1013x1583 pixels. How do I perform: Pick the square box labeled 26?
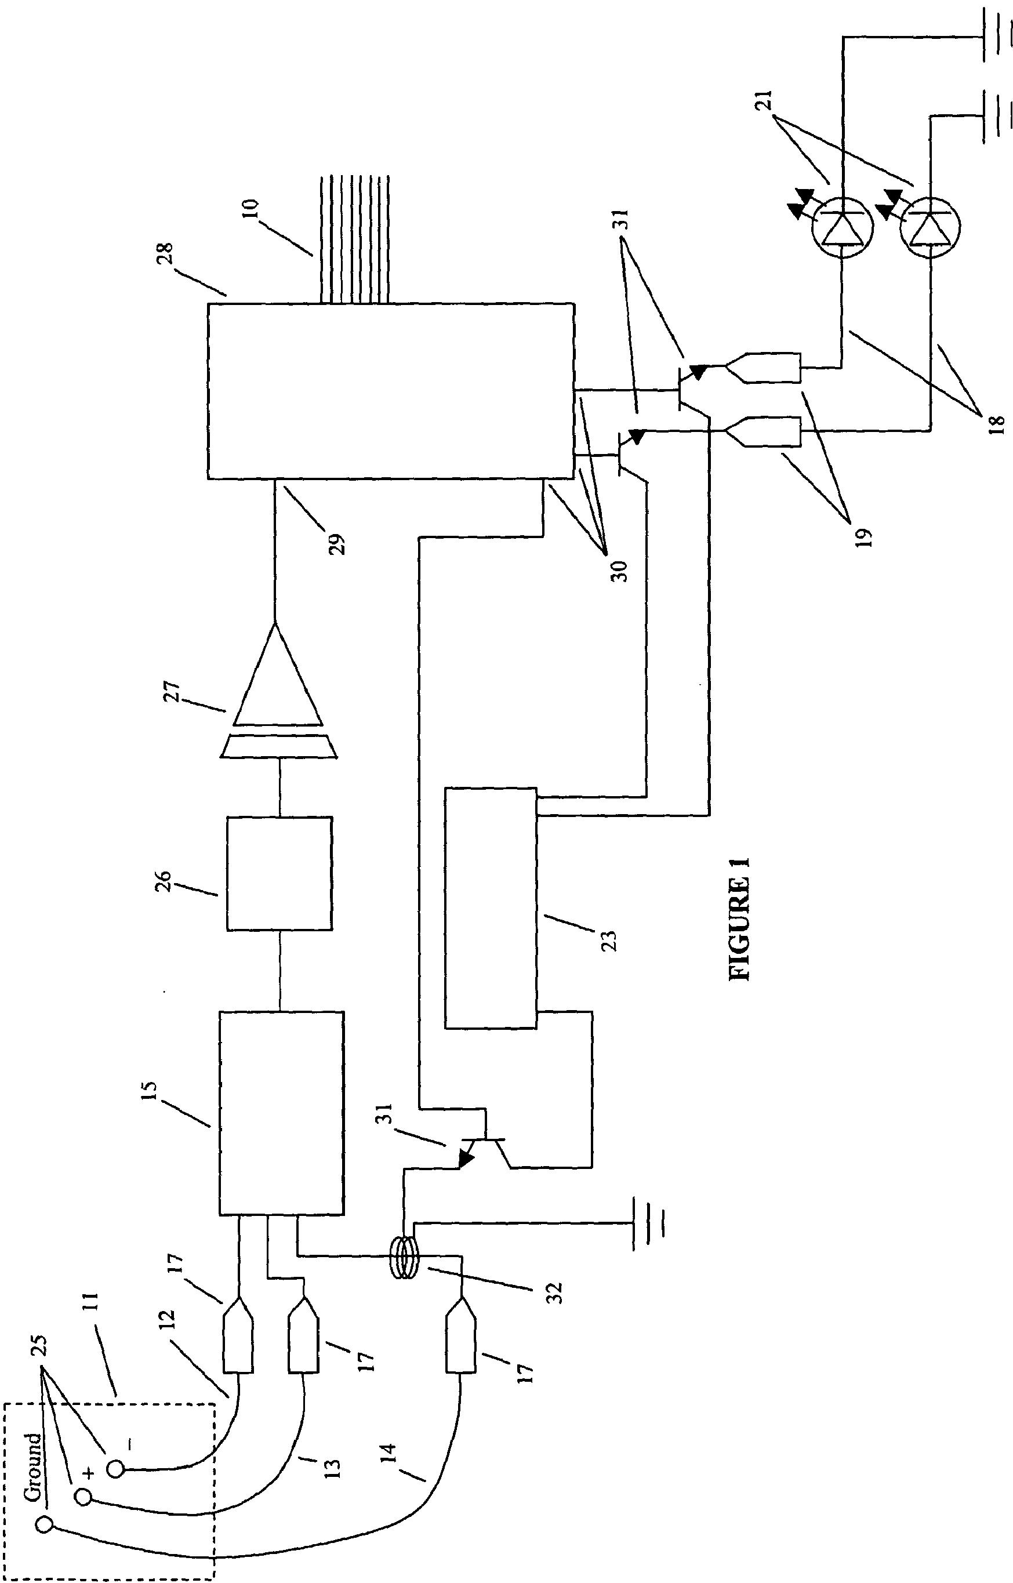coord(279,874)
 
